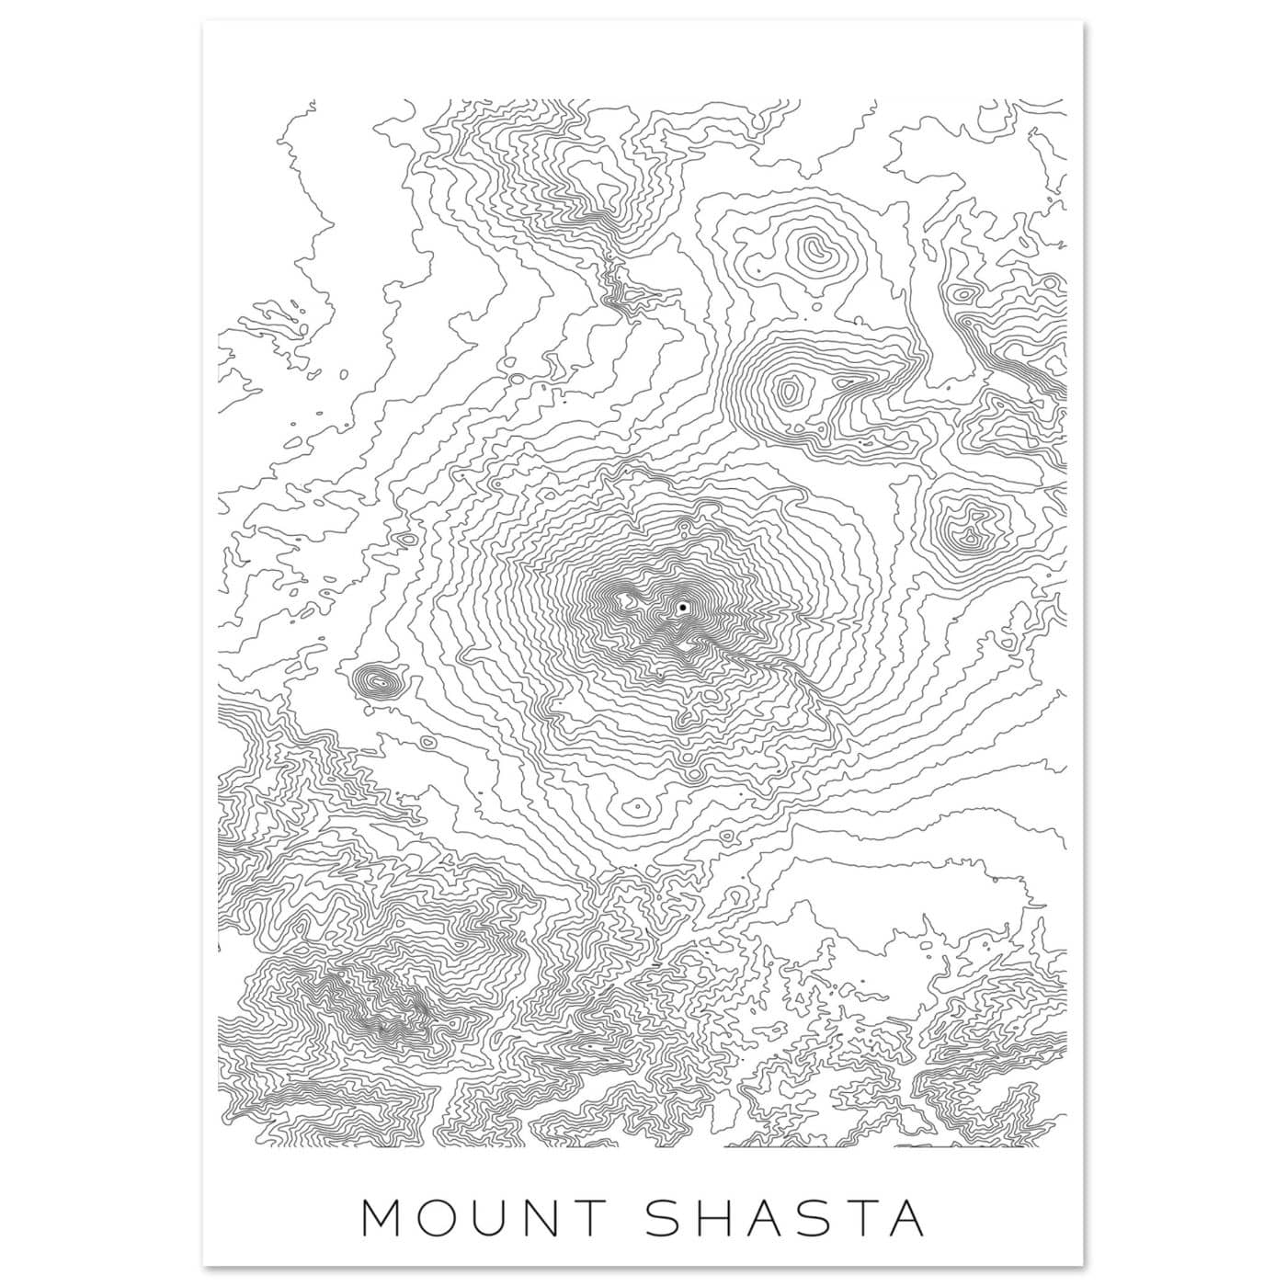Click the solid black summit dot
(683, 609)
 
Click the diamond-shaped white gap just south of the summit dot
(686, 649)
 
